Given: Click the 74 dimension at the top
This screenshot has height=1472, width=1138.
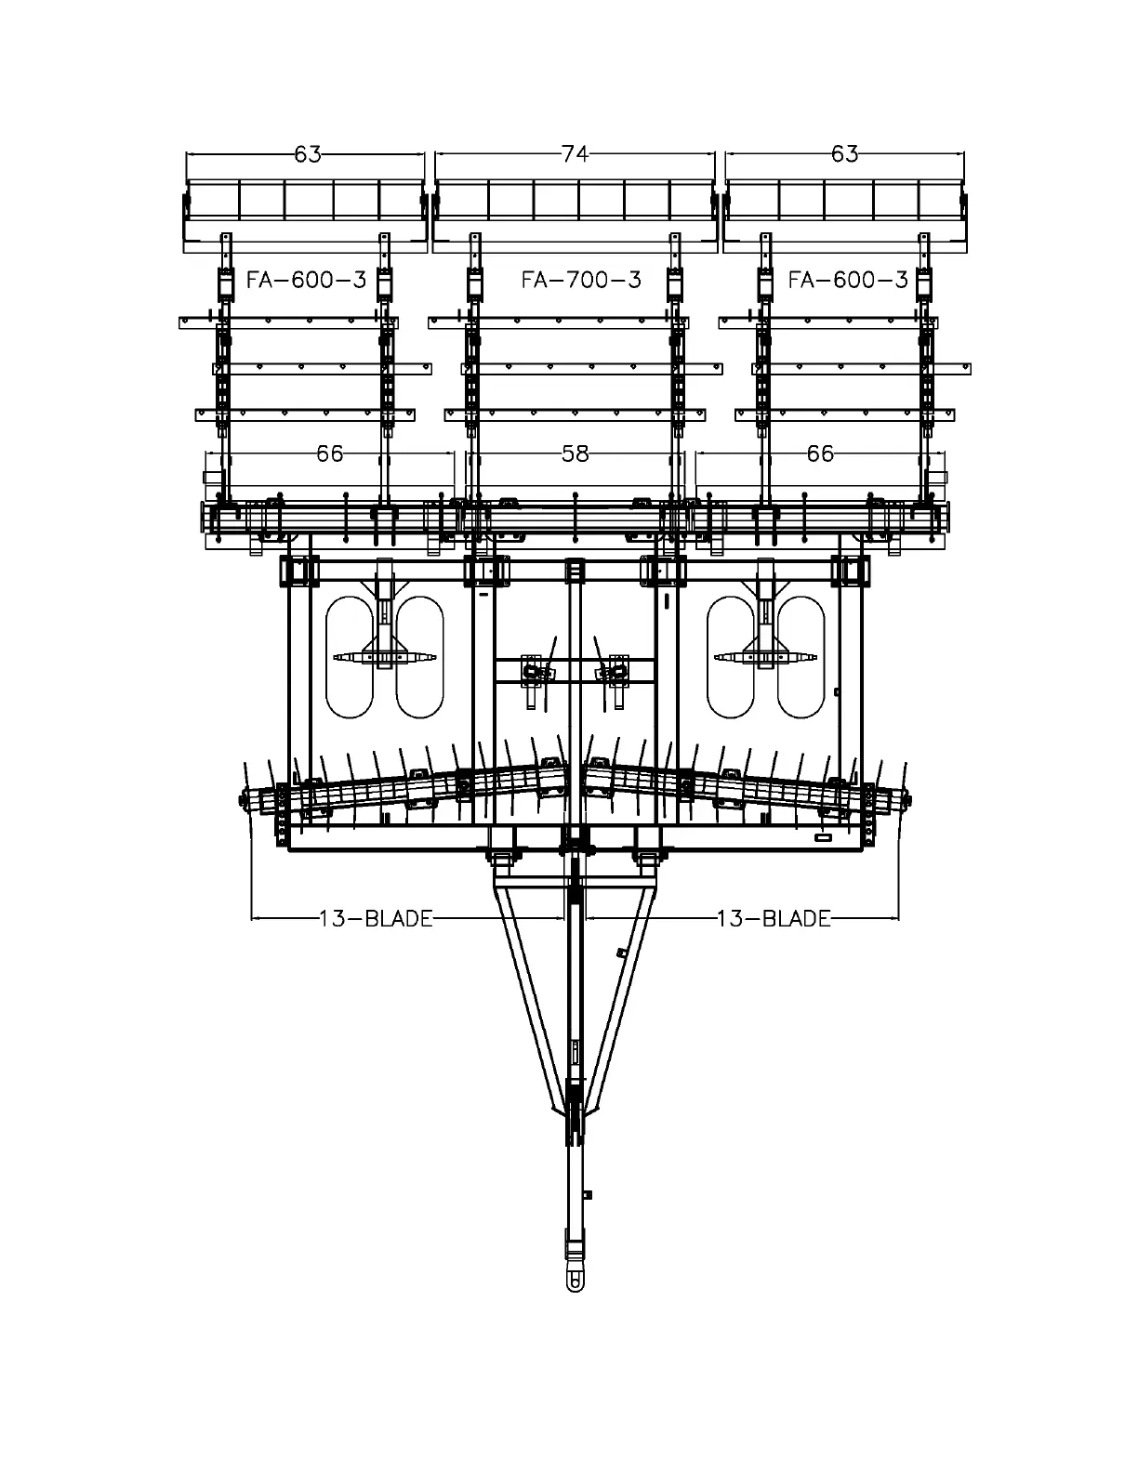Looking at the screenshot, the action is (x=576, y=154).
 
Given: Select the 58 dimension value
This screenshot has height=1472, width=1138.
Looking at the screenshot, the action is (x=576, y=453).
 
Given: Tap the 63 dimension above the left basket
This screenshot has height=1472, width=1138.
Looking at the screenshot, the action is (x=307, y=154).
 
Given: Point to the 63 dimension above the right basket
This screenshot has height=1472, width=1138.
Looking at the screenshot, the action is (x=844, y=154).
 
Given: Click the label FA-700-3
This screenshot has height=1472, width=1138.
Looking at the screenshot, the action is (x=581, y=280).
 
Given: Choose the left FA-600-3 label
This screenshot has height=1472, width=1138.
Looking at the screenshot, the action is (x=306, y=280).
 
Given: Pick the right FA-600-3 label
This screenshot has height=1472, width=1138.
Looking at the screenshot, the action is (x=847, y=280).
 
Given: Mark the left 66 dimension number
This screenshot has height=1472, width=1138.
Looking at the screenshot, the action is (x=329, y=453).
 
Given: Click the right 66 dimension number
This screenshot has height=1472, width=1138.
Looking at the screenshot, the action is (x=820, y=453).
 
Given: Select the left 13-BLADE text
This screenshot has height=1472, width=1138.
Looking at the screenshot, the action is (x=376, y=919).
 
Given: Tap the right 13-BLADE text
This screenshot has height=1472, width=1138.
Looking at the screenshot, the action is (x=774, y=919).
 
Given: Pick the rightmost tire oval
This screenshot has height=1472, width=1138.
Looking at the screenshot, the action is (x=801, y=656).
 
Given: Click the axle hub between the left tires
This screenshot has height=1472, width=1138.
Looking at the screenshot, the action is (x=384, y=657).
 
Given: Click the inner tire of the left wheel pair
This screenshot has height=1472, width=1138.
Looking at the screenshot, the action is (x=419, y=656).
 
